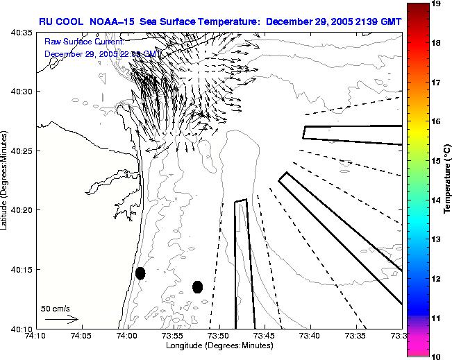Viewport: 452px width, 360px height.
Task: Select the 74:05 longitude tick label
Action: [x=81, y=336]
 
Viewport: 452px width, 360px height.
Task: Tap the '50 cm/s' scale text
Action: [x=54, y=307]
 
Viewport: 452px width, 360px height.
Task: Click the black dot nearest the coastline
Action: [x=140, y=273]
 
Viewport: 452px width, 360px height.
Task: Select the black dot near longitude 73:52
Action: [x=198, y=286]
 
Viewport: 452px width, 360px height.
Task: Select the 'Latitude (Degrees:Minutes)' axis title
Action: [x=6, y=180]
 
